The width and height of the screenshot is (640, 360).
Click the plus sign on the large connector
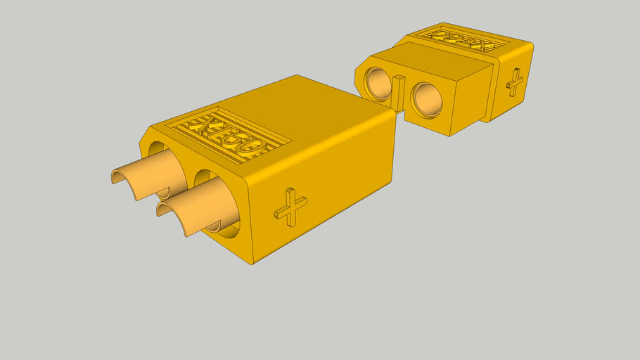click(x=290, y=207)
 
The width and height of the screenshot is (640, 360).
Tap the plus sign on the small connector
click(x=515, y=82)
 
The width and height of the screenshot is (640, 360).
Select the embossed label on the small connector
click(x=462, y=39)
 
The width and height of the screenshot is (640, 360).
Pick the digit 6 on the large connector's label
click(x=238, y=140)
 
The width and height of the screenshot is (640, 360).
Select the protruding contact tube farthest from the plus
click(x=144, y=176)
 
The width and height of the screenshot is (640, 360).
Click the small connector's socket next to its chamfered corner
click(x=377, y=83)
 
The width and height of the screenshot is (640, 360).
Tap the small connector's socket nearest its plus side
click(x=425, y=98)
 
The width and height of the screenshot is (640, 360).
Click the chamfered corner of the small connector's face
click(x=359, y=71)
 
